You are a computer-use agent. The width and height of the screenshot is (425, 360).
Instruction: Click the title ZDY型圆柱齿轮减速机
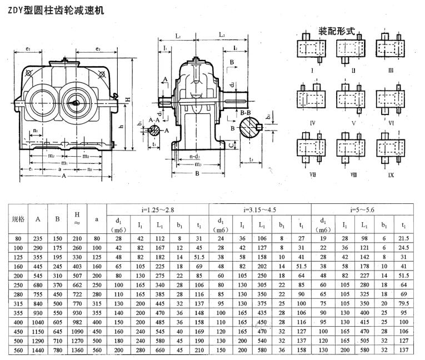coord(53,11)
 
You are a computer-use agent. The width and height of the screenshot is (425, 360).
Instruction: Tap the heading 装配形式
coord(336,31)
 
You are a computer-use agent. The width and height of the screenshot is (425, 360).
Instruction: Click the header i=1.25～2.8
coord(157,210)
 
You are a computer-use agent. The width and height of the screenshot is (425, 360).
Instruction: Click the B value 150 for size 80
coord(57,239)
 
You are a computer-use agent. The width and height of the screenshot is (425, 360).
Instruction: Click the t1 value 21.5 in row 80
coord(403,239)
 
